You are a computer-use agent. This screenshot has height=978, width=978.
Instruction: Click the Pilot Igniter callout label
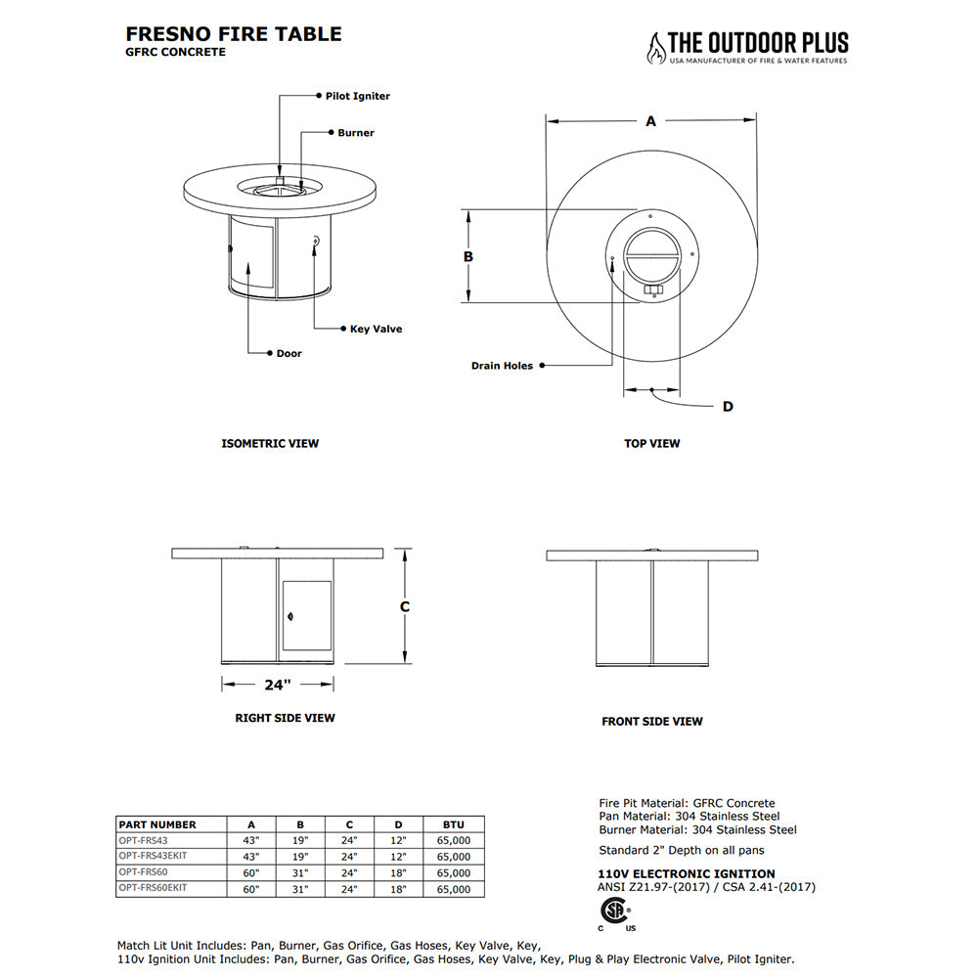[358, 96]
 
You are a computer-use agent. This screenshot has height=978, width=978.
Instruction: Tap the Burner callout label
[356, 132]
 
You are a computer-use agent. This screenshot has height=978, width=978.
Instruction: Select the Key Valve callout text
[376, 329]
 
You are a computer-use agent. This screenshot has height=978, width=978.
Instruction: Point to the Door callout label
[289, 353]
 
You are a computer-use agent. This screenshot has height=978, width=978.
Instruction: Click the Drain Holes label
[503, 366]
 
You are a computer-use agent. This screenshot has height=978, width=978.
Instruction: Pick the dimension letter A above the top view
[650, 121]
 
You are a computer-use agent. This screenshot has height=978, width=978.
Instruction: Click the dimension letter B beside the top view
[468, 256]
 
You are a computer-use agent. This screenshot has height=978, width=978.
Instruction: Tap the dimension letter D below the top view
[728, 406]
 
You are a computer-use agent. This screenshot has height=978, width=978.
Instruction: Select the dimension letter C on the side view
[405, 606]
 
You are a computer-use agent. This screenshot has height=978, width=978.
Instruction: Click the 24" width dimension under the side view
[278, 684]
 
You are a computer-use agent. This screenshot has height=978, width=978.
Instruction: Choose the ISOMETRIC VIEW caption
[270, 443]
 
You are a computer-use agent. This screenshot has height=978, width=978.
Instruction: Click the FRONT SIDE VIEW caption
[652, 722]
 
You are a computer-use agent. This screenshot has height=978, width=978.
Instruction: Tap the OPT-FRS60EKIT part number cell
[153, 888]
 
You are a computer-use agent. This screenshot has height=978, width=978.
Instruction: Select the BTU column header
[454, 824]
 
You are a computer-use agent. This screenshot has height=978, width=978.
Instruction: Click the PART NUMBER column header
[157, 824]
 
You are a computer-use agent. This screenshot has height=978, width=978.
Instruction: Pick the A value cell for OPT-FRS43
[250, 840]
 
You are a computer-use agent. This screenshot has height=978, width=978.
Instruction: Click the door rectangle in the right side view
[306, 616]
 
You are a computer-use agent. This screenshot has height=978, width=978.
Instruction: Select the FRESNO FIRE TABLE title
[234, 34]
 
